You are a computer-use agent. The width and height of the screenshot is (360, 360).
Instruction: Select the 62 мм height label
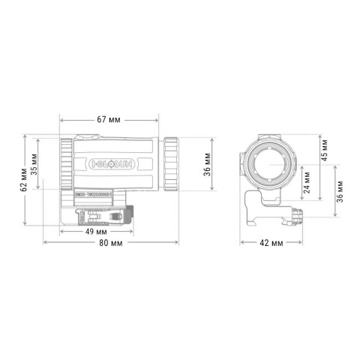25,180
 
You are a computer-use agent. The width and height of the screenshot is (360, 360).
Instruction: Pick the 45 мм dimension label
323,152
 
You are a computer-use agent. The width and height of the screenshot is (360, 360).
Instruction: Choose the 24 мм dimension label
307,183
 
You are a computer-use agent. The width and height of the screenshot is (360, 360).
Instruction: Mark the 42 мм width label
270,243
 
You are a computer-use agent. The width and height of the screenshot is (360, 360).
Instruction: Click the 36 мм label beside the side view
208,160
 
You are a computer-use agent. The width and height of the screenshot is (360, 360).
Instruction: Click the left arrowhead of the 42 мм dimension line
242,243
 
